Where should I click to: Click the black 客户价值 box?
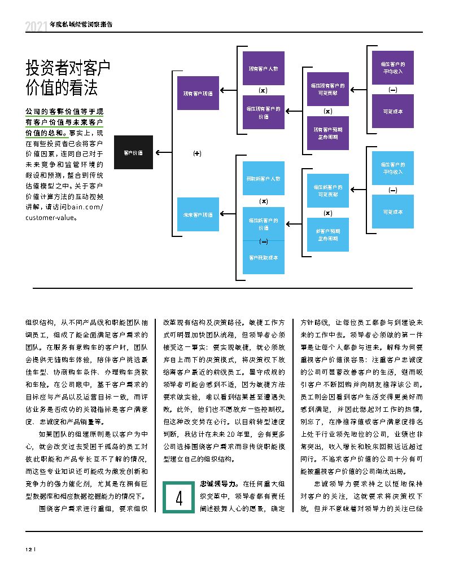pyautogui.click(x=133, y=152)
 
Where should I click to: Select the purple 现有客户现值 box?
pyautogui.click(x=198, y=93)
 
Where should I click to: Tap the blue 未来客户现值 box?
pyautogui.click(x=198, y=214)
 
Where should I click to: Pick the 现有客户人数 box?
pyautogui.click(x=263, y=69)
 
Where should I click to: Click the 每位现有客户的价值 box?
pyautogui.click(x=263, y=112)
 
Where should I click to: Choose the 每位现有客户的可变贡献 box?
pyautogui.click(x=327, y=89)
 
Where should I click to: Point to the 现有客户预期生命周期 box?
pyautogui.click(x=327, y=133)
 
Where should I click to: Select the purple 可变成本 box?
pyautogui.click(x=392, y=111)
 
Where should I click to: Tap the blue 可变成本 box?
pyautogui.click(x=392, y=212)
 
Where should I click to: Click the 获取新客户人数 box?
pyautogui.click(x=263, y=178)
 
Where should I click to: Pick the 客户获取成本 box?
pyautogui.click(x=263, y=257)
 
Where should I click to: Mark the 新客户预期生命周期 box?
pyautogui.click(x=327, y=234)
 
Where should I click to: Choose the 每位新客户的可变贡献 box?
pyautogui.click(x=327, y=190)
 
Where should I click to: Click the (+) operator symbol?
pyautogui.click(x=197, y=153)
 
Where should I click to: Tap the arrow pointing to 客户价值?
pyautogui.click(x=164, y=152)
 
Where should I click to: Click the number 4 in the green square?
pyautogui.click(x=178, y=498)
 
